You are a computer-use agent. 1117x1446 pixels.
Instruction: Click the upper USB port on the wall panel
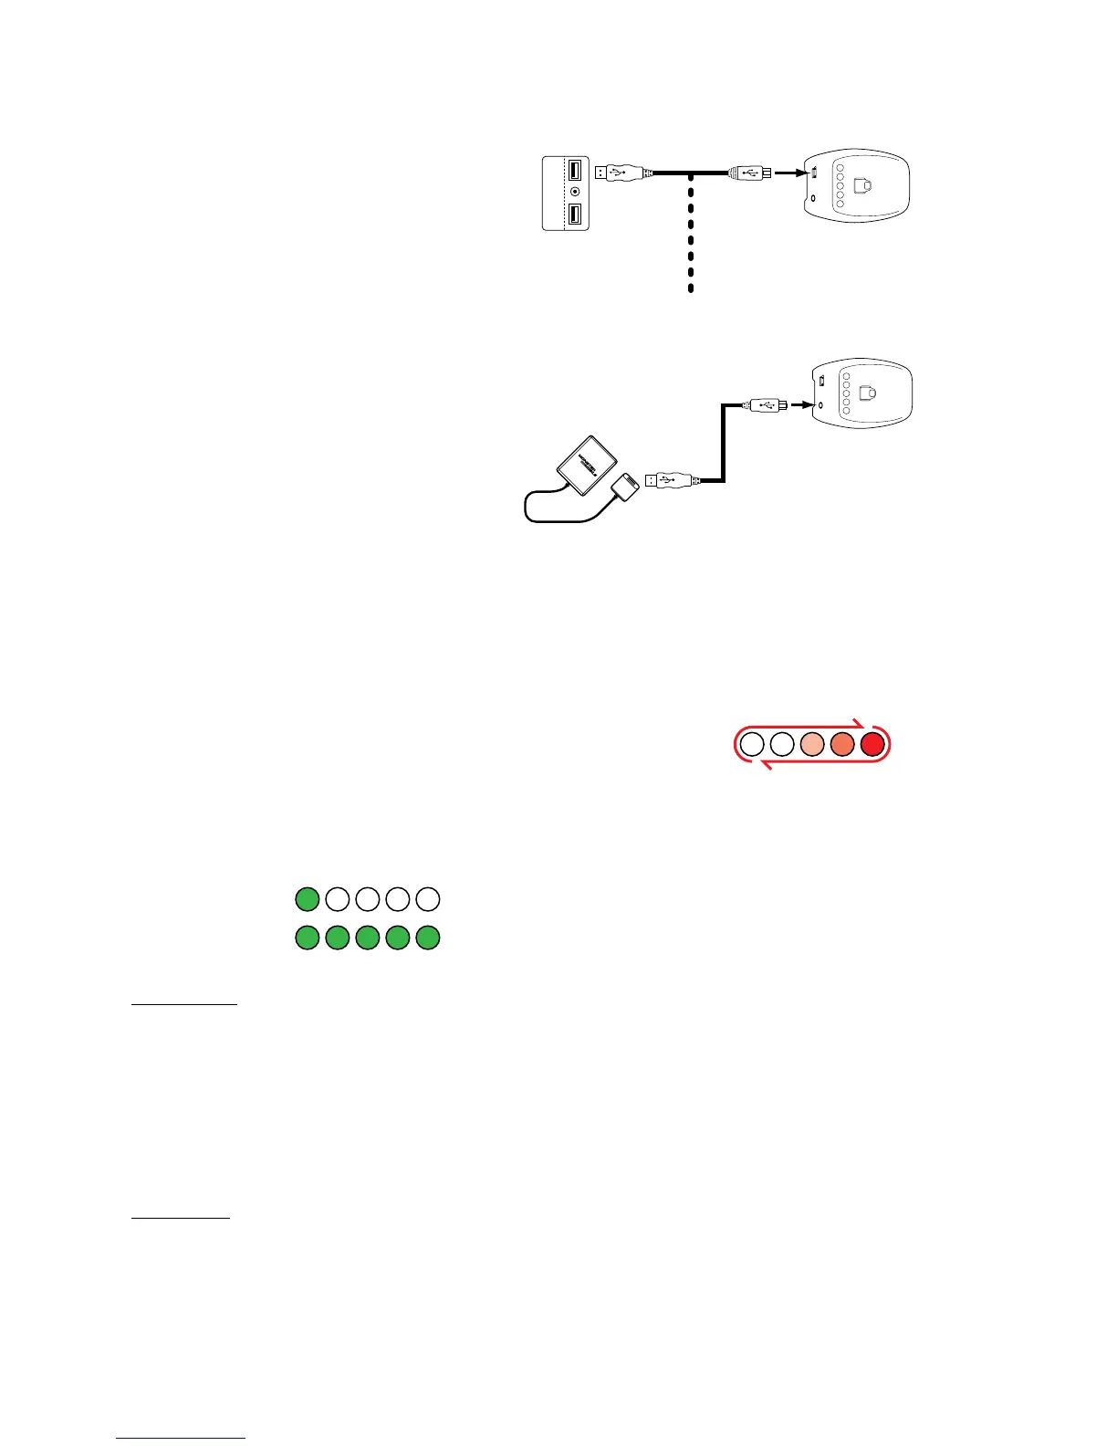click(575, 170)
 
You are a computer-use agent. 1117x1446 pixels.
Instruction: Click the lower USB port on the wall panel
click(575, 215)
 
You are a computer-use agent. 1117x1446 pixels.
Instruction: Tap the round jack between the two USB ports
click(575, 192)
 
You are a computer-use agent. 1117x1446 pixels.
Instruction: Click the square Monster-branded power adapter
click(586, 466)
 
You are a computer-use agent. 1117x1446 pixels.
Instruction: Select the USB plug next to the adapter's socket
click(671, 479)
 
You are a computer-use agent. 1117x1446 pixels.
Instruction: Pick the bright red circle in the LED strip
click(873, 744)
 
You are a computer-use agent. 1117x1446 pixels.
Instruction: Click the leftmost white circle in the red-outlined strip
click(751, 744)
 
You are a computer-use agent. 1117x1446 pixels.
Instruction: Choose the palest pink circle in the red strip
click(812, 744)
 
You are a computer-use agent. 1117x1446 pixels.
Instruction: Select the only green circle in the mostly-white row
click(308, 899)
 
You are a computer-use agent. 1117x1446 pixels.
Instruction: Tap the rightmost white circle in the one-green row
click(428, 899)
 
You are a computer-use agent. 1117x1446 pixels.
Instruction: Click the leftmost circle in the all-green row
click(308, 938)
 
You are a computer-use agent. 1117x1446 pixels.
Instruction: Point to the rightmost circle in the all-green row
click(428, 938)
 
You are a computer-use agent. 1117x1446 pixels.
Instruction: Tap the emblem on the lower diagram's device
click(870, 393)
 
